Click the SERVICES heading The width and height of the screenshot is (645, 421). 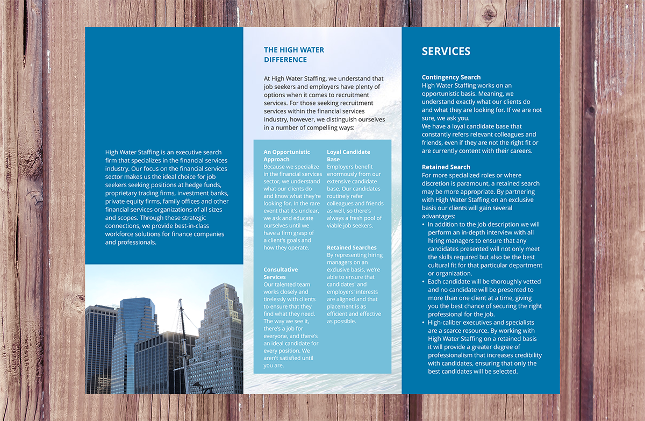[446, 52]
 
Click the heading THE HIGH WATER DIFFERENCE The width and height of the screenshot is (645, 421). [293, 55]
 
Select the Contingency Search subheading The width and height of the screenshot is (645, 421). [451, 77]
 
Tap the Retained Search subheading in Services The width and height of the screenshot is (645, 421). [446, 167]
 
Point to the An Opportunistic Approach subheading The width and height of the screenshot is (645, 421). [286, 155]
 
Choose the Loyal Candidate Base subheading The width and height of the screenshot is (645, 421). [348, 155]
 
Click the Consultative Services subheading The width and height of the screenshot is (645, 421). [281, 273]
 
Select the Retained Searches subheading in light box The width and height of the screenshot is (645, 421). [352, 248]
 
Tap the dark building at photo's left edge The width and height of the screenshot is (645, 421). [98, 349]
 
